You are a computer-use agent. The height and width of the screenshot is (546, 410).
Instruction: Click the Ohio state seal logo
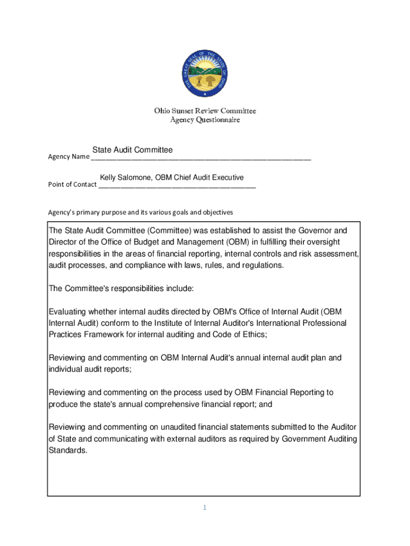pyautogui.click(x=205, y=74)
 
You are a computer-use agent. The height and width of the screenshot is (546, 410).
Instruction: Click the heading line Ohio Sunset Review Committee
pyautogui.click(x=205, y=111)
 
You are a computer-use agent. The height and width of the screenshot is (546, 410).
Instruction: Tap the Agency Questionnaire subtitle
pyautogui.click(x=205, y=120)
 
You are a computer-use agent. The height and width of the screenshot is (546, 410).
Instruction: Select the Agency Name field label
pyautogui.click(x=69, y=157)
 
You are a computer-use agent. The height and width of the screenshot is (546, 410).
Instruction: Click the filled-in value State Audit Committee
pyautogui.click(x=133, y=150)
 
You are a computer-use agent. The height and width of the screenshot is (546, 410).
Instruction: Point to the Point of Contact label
pyautogui.click(x=72, y=184)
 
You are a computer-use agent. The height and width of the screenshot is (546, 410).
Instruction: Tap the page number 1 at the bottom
pyautogui.click(x=204, y=508)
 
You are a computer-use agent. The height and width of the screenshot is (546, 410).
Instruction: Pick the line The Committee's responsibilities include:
pyautogui.click(x=121, y=288)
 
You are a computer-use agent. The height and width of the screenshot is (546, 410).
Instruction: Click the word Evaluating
pyautogui.click(x=68, y=311)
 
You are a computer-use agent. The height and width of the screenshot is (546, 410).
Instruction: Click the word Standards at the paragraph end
pyautogui.click(x=67, y=450)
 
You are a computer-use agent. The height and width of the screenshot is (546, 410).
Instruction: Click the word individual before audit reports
pyautogui.click(x=66, y=369)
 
